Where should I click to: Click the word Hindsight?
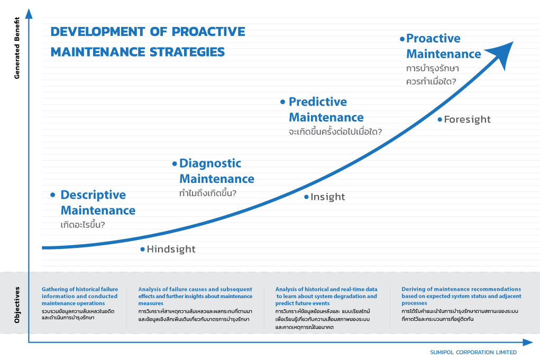click(x=171, y=249)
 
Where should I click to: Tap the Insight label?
click(x=328, y=197)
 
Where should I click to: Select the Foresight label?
click(x=468, y=119)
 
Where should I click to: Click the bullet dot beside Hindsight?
click(x=143, y=249)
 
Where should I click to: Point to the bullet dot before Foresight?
click(x=440, y=119)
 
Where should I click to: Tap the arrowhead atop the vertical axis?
click(x=29, y=14)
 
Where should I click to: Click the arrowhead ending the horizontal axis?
click(x=528, y=342)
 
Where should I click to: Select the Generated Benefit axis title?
click(x=17, y=48)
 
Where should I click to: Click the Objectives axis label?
click(x=17, y=305)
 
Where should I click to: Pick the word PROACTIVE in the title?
click(x=208, y=32)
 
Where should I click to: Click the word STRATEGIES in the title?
click(x=187, y=52)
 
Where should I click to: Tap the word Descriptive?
click(x=93, y=195)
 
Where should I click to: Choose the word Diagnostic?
click(x=210, y=163)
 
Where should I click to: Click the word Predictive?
click(x=318, y=102)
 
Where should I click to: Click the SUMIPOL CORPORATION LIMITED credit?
click(x=473, y=353)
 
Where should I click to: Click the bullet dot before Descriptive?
click(x=53, y=195)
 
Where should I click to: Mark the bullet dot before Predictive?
click(x=283, y=102)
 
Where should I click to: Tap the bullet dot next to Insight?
click(x=307, y=197)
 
